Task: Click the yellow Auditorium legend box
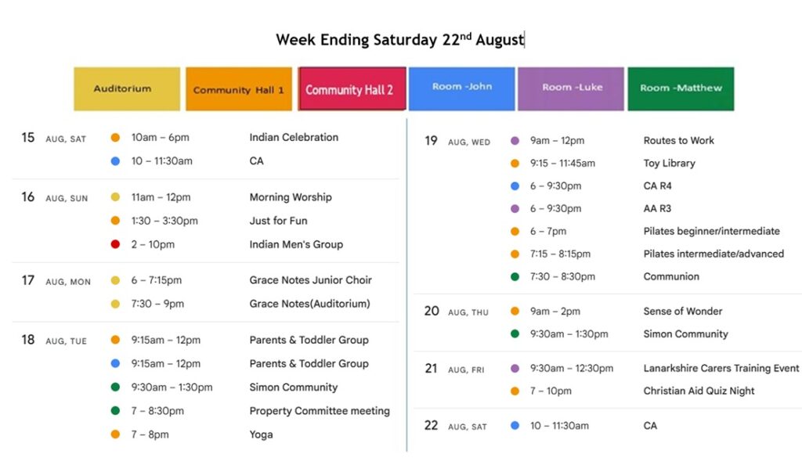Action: (x=127, y=89)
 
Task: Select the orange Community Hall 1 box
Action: (x=239, y=89)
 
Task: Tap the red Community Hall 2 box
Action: (x=352, y=89)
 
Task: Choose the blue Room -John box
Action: (x=462, y=89)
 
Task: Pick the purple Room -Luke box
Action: (x=571, y=89)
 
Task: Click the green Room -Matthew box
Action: (x=681, y=89)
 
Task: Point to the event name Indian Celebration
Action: (x=294, y=138)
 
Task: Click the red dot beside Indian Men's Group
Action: (x=115, y=244)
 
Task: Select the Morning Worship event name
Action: (x=291, y=197)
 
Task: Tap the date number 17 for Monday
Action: (x=27, y=280)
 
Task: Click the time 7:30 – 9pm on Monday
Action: (x=157, y=304)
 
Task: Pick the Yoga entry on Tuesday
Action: (x=261, y=434)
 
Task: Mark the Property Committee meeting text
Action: (x=320, y=411)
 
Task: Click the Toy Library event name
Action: (x=669, y=164)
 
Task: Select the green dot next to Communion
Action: (x=515, y=276)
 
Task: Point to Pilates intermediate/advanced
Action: (x=713, y=254)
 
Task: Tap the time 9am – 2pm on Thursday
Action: (x=555, y=312)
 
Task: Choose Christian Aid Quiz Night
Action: (x=699, y=391)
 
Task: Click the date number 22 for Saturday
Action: (x=432, y=426)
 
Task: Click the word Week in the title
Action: (x=295, y=40)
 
